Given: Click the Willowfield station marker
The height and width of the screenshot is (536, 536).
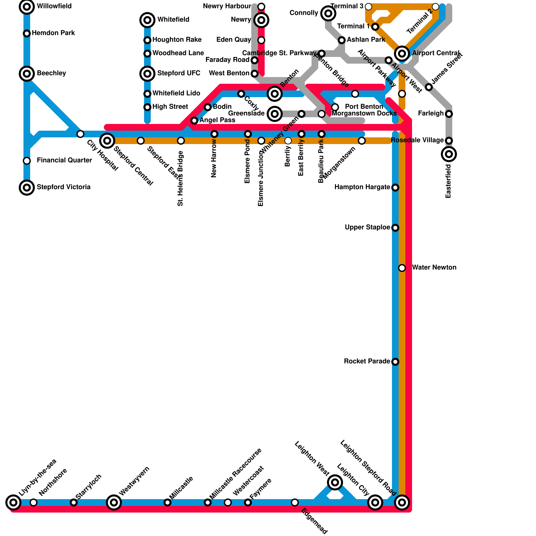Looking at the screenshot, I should (27, 6).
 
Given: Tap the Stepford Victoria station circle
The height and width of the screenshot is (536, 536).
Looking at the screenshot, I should (27, 187).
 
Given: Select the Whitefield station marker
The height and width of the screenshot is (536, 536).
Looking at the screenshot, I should (147, 20).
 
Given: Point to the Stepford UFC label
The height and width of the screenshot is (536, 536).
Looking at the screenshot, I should (179, 73).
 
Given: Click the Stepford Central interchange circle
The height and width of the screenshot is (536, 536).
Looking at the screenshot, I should (107, 140).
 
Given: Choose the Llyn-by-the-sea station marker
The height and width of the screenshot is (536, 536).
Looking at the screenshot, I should (13, 502).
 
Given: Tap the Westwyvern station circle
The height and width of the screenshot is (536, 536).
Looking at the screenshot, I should (114, 502).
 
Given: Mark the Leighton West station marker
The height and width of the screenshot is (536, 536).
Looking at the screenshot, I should (335, 482).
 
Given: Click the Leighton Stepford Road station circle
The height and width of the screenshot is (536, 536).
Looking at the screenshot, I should (402, 502).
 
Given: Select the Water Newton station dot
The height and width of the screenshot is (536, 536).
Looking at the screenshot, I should (402, 268).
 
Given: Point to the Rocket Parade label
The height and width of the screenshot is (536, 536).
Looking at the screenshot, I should (367, 361).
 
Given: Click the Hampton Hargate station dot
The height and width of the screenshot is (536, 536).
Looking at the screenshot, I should (395, 187).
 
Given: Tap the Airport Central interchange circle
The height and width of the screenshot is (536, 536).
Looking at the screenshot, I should (402, 53).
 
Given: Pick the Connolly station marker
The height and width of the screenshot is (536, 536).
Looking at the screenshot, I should (328, 13).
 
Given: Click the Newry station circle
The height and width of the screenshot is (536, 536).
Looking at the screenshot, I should (261, 20).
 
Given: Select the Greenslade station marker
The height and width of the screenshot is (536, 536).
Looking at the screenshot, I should (275, 114).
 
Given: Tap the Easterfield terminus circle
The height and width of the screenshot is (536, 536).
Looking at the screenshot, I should (449, 154).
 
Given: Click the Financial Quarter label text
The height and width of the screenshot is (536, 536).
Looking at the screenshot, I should (64, 160).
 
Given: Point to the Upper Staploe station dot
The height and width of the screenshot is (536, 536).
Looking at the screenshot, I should (395, 228).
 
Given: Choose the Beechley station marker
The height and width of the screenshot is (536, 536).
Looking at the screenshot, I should (27, 73).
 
